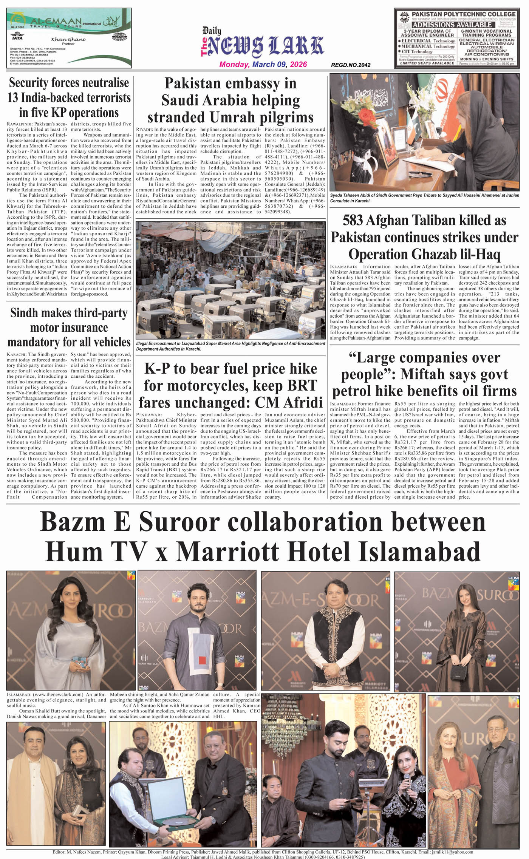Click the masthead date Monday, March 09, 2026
tap(263, 64)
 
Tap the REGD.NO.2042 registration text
tap(351, 65)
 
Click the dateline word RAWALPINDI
tap(19, 124)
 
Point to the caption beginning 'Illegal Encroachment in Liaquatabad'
tap(230, 346)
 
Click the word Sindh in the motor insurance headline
tap(23, 313)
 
